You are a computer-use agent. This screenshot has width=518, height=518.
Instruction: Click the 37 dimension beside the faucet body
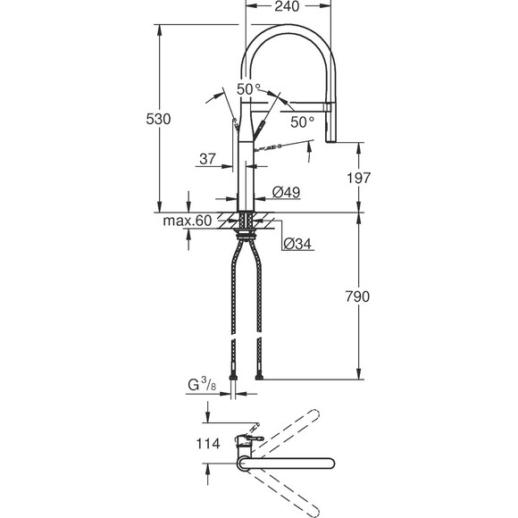pos(208,159)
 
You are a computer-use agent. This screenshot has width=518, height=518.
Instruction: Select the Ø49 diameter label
pos(285,192)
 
